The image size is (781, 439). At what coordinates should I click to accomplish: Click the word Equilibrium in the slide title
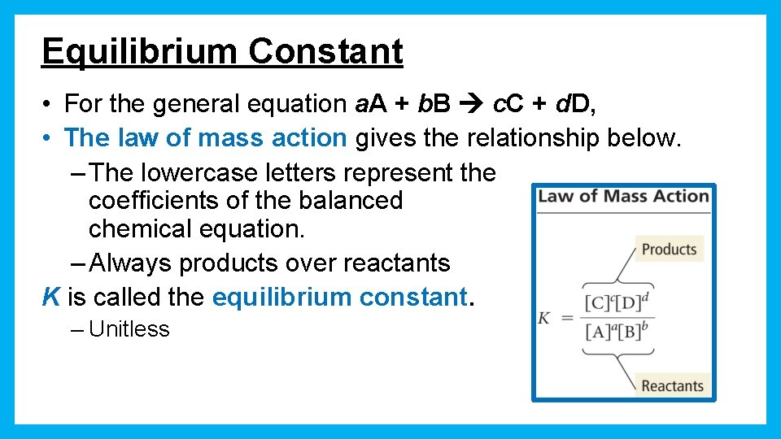(140, 51)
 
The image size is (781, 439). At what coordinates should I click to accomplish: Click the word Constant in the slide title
(325, 51)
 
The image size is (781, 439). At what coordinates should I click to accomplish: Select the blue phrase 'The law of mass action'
(205, 138)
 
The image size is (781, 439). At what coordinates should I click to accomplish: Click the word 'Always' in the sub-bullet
(131, 263)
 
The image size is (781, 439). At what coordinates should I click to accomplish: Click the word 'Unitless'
(129, 329)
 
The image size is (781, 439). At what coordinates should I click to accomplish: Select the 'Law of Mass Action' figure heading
(623, 196)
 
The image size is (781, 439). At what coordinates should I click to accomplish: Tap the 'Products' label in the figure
(669, 250)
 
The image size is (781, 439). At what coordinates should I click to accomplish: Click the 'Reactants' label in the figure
(672, 385)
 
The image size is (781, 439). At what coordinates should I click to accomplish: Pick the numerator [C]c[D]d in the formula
(619, 303)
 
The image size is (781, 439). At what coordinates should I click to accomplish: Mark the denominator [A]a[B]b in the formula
(619, 332)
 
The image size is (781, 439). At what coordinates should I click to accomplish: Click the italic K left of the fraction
(543, 318)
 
